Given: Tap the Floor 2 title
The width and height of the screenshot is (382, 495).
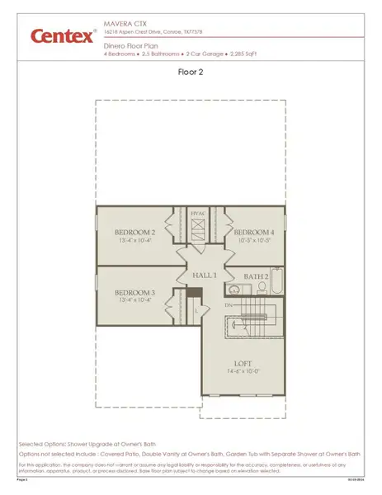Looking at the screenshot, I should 191,72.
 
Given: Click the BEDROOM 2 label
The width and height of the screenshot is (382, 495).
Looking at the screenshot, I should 135,233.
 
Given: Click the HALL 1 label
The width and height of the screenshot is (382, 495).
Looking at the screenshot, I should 204,274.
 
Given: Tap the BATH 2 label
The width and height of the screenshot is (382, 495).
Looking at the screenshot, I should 256,276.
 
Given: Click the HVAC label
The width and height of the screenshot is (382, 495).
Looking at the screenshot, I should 197,214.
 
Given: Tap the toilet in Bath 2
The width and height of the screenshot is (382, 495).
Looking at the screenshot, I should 261,288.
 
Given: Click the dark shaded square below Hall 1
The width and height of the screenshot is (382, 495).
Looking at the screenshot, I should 194,293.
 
